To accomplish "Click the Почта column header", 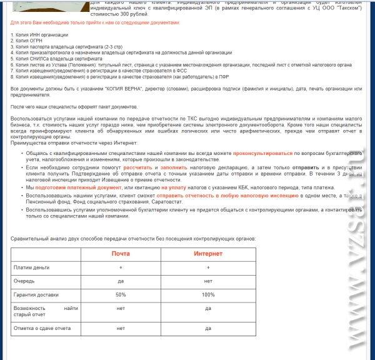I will tap(121, 254).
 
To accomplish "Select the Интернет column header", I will tap(207, 254).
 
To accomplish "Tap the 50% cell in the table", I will tap(121, 294).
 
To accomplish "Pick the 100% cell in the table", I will tap(207, 294).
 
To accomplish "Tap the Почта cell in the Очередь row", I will tap(121, 281).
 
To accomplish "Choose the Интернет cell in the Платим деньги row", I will tap(207, 267).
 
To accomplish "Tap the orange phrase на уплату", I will tap(171, 187).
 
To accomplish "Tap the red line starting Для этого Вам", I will tap(95, 22).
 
